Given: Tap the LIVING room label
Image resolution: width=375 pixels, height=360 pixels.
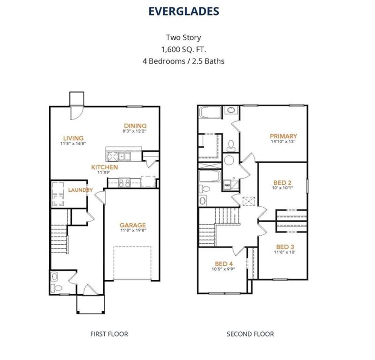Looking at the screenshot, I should [74, 138].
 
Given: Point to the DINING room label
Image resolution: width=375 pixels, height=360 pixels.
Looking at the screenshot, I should [135, 126].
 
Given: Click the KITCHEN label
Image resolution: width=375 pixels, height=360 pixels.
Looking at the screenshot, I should [104, 167].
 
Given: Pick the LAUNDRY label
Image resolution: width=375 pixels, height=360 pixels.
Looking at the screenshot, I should [80, 190].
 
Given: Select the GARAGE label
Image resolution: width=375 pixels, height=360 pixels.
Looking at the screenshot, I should [132, 225].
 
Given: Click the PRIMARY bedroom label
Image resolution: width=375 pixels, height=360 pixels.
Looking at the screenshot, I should [283, 136].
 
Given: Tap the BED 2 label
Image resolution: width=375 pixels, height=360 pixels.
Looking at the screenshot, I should [283, 182].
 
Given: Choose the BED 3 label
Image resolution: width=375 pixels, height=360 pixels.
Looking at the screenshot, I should [285, 247].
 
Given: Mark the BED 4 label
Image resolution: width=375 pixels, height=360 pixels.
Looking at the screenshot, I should [224, 263].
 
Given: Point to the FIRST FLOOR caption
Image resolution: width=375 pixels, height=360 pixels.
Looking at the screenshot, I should [109, 334].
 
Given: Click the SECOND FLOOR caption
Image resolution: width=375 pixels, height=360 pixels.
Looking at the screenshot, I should [250, 334].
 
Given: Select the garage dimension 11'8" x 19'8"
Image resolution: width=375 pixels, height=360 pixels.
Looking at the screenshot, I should [132, 231].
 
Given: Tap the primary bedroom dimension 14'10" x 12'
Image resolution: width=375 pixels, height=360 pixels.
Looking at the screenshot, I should [283, 142].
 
